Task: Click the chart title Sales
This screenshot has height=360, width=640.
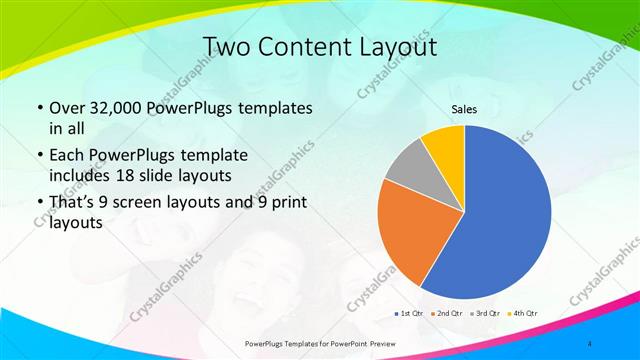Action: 464,109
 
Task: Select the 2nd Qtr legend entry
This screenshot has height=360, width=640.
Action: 446,314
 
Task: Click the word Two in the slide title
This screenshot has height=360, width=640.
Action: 226,47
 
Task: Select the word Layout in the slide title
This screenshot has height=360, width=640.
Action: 395,47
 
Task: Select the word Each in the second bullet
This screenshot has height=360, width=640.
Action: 67,155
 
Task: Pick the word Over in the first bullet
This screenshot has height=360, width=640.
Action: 68,108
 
